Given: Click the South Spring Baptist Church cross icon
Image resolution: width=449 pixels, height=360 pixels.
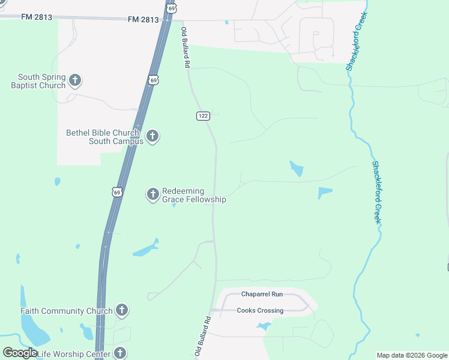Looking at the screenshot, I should point(75,80).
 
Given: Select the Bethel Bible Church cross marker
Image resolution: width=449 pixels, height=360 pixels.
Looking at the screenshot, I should point(152,136).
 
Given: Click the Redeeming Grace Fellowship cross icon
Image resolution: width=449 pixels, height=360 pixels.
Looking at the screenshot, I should point(152,194).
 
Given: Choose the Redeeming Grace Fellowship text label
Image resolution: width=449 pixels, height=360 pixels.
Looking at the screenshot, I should point(194,195).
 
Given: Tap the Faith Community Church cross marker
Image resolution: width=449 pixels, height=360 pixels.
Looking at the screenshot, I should point(122,310).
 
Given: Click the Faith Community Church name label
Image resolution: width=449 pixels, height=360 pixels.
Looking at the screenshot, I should point(66,311).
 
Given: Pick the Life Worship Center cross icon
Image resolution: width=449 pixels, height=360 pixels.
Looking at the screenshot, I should point(120,353).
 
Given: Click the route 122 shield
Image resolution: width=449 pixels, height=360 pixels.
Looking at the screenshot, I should point(202,115).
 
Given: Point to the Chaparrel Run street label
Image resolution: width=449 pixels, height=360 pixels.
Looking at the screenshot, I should point(262,295).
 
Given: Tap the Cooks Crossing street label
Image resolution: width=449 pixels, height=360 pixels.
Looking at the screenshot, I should point(260,310).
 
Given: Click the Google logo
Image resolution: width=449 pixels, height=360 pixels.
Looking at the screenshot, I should point(20,353).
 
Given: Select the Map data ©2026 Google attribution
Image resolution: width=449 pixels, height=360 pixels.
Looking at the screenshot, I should point(412,355).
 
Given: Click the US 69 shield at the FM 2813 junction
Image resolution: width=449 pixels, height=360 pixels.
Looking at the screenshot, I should point(172,8).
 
